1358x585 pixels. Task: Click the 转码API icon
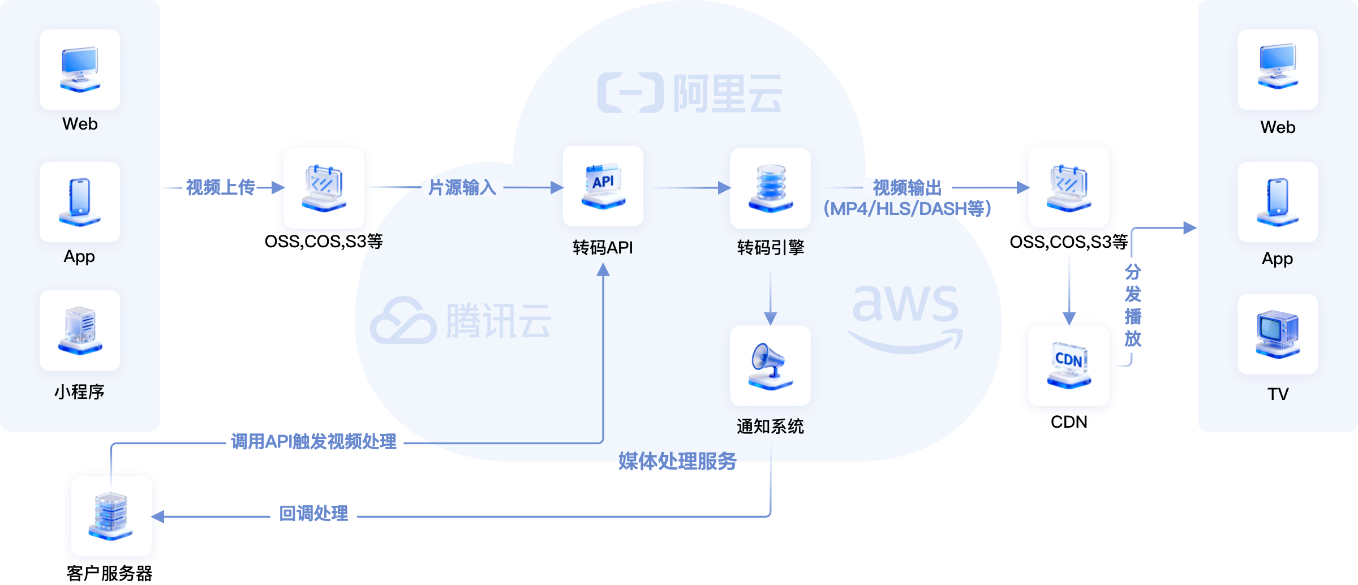coord(603,186)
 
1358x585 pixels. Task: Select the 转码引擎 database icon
coord(770,188)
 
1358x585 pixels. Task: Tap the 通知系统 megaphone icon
coord(770,365)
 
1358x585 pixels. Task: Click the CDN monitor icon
coord(1069,365)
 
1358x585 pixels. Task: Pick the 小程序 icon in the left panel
coord(80,331)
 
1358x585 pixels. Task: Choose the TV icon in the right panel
coord(1278,334)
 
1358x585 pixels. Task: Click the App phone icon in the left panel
coord(80,202)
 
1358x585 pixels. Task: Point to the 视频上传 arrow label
coord(221,187)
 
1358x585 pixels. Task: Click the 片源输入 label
coord(462,187)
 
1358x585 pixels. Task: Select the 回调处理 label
coord(313,514)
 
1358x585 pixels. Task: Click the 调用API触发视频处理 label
coord(313,442)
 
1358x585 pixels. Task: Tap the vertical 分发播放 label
coord(1133,306)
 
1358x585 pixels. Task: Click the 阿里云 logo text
coord(727,94)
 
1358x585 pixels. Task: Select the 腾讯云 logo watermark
coord(461,321)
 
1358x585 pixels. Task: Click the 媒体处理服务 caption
coord(677,462)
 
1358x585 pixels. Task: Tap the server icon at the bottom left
coord(111,515)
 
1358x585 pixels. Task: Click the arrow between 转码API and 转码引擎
coord(690,187)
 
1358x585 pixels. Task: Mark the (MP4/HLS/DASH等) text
coord(907,209)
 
